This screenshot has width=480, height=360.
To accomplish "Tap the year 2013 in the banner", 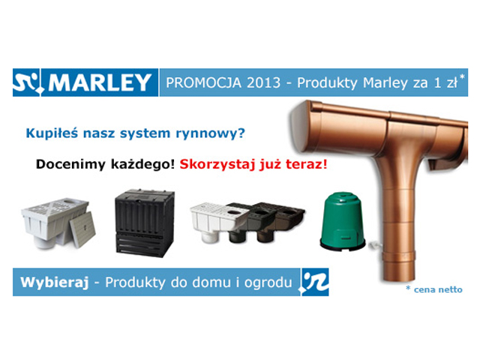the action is pos(263,83).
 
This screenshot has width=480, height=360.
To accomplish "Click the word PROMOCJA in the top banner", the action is pos(203,83).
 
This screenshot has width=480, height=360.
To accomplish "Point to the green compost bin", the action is pos(343,221).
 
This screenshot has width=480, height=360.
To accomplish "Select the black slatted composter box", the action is pos(145,223).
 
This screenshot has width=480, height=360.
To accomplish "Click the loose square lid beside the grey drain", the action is pos(82,229).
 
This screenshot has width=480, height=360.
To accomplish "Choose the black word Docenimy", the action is pos(71,164).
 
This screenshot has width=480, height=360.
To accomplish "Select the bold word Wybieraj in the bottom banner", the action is pos(55,282).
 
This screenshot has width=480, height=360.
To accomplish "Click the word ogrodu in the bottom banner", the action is pos(268,283).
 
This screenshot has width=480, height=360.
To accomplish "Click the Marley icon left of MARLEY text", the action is pos(26,82).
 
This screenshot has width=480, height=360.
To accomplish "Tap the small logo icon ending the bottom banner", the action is pos(315,282).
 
